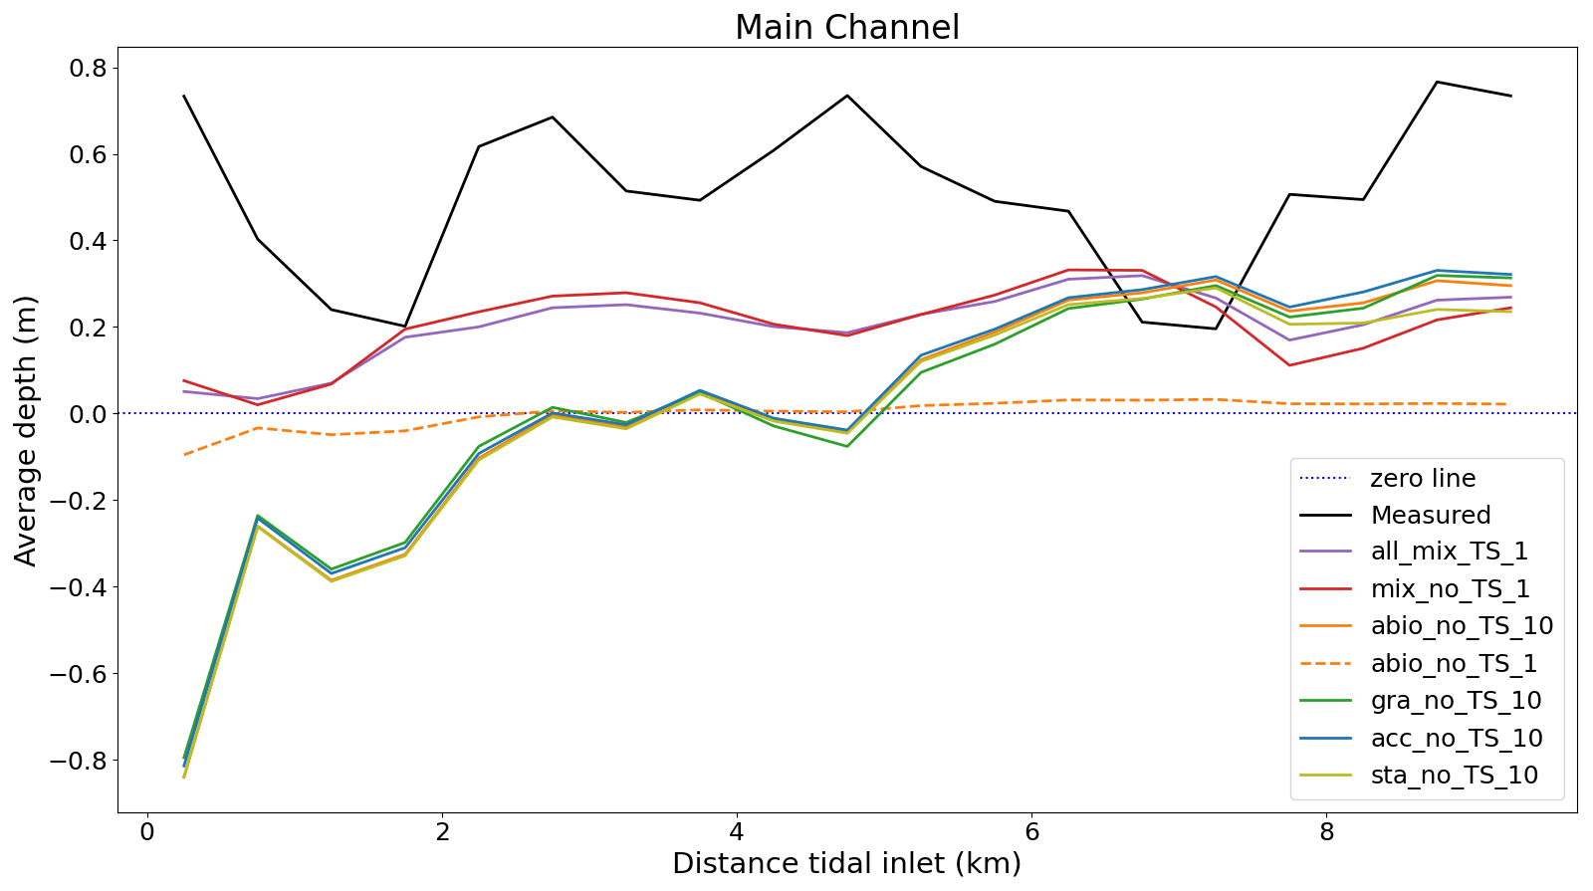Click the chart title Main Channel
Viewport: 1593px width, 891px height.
(x=846, y=27)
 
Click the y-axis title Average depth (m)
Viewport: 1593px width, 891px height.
(x=26, y=430)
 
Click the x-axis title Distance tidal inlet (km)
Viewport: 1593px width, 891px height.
(x=846, y=863)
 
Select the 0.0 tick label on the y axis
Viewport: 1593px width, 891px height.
(x=86, y=414)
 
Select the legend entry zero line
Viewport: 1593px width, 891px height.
(x=1423, y=478)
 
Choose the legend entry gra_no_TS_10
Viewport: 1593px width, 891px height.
(x=1456, y=701)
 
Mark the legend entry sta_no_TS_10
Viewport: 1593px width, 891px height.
(x=1454, y=776)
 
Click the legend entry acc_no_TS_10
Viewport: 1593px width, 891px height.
(x=1456, y=739)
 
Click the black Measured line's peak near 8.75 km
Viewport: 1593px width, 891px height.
(x=1437, y=82)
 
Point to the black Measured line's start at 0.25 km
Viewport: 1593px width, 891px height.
(x=184, y=97)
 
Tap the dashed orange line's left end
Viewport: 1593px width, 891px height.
(x=184, y=455)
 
